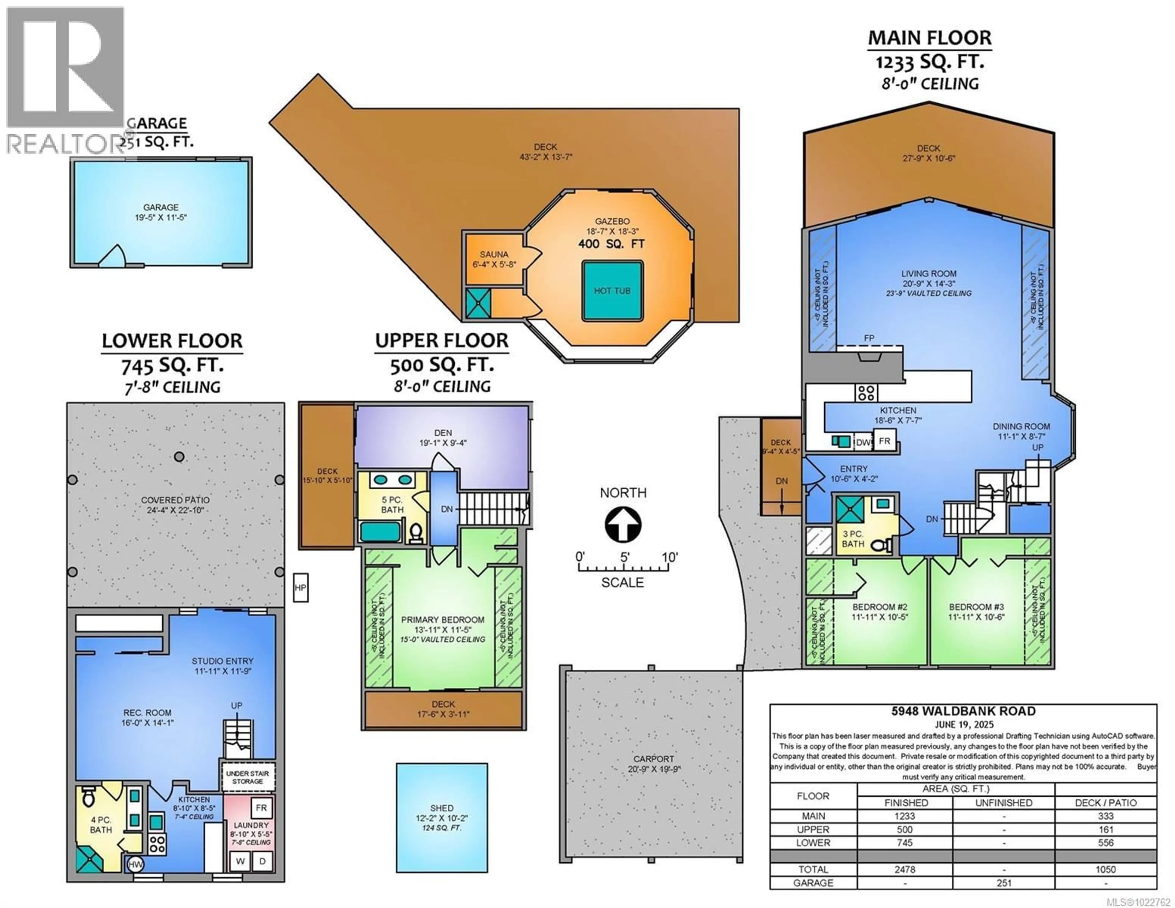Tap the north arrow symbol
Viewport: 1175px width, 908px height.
point(623,525)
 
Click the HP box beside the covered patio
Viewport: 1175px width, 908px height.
point(300,588)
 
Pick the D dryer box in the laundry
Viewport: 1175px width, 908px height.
point(263,861)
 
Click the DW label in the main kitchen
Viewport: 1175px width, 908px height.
point(863,443)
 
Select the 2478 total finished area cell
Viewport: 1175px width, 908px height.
point(905,869)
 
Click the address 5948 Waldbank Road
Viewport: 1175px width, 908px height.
point(963,711)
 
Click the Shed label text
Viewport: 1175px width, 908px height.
point(442,808)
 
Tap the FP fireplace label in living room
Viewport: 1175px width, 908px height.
point(869,338)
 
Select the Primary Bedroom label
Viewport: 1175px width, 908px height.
point(443,619)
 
